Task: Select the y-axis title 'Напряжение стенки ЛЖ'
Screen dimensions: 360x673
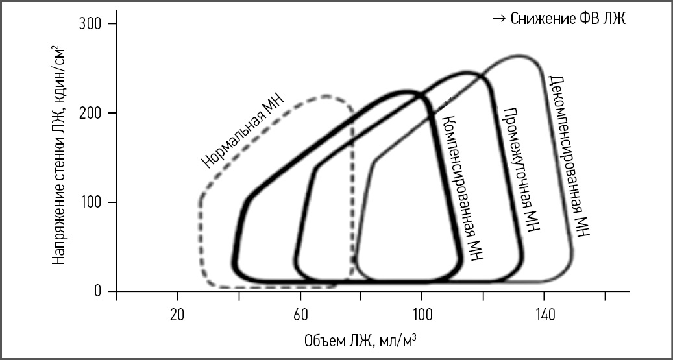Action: coord(60,156)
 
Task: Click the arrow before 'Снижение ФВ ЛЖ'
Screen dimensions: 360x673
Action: coord(498,19)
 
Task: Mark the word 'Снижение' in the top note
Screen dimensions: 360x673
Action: coord(535,19)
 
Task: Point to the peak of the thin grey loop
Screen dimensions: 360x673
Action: coord(519,56)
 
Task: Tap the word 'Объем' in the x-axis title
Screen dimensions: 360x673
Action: coord(319,340)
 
